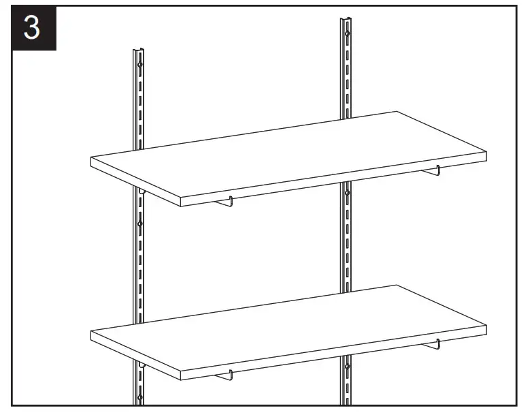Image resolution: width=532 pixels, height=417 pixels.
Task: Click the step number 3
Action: coord(32,29)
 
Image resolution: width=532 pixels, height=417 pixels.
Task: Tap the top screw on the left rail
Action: coord(139,65)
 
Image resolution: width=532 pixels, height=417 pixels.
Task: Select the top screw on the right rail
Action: coord(347,33)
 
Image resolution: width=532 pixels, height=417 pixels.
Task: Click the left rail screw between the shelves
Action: coord(140,223)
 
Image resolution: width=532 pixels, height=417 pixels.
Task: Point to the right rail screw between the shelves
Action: coord(347,194)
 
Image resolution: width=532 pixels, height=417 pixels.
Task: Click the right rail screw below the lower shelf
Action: coord(347,367)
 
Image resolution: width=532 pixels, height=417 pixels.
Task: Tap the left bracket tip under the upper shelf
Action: coord(231,201)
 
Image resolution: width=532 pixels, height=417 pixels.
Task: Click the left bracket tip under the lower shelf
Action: coord(231,374)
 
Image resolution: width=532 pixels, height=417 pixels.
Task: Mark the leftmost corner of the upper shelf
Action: coord(91,158)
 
